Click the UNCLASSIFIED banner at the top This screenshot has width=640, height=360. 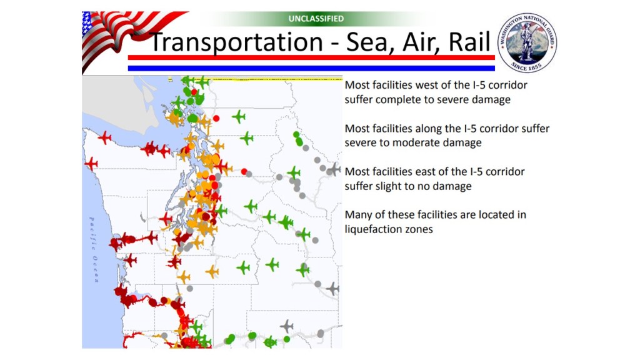(x=316, y=19)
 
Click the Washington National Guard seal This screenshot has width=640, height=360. (x=527, y=42)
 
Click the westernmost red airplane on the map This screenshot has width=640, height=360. (x=91, y=164)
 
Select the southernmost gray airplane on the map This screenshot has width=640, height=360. (x=287, y=326)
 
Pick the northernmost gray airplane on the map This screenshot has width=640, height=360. (x=336, y=169)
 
